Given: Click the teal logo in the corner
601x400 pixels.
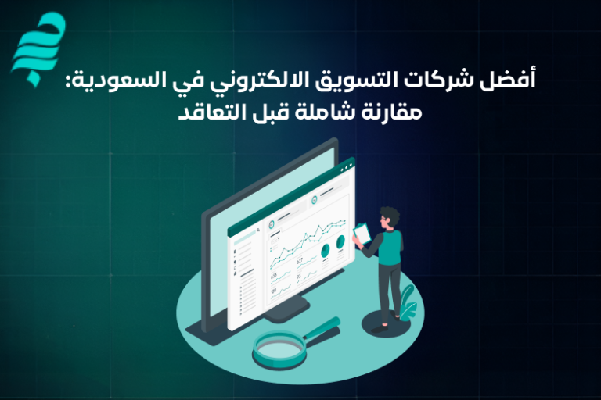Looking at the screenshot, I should click(38, 47).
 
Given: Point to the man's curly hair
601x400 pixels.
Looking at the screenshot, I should click(389, 214).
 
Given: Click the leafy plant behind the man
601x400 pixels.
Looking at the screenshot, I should click(408, 302).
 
